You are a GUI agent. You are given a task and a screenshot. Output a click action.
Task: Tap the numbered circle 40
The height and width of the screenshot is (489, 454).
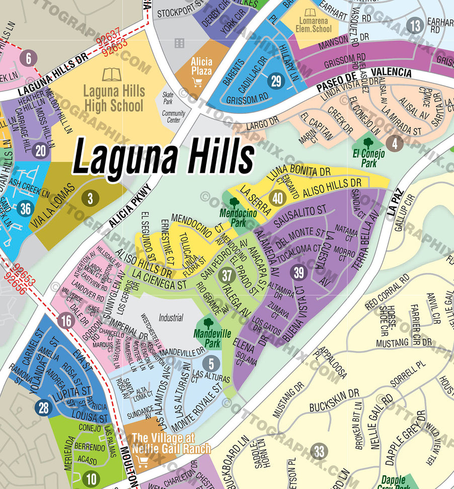coord(277,198)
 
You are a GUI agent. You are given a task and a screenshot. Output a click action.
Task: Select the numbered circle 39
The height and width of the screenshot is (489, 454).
coord(299,272)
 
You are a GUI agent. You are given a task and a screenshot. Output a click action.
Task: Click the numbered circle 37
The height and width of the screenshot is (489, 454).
coord(227,275)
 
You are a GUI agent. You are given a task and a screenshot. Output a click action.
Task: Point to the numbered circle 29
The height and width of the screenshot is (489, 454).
coord(275,81)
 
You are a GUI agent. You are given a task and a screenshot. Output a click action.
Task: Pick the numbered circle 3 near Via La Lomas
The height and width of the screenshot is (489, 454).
coord(90,198)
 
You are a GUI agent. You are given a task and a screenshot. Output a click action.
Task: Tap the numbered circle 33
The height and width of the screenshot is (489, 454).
coord(319,451)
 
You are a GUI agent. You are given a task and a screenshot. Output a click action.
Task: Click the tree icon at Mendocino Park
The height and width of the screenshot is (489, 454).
coord(234,202)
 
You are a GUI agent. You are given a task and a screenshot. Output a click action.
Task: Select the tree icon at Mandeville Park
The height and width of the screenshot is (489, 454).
coord(208,323)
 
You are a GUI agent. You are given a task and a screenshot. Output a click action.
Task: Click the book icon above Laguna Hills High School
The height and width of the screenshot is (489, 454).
coord(112,75)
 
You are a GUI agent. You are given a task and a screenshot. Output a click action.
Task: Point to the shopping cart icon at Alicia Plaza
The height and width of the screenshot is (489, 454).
coord(198,82)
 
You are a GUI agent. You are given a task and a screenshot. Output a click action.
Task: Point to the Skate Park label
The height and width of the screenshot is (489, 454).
coord(168,98)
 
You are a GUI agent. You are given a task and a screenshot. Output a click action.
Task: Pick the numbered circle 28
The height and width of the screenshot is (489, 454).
coord(44,407)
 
